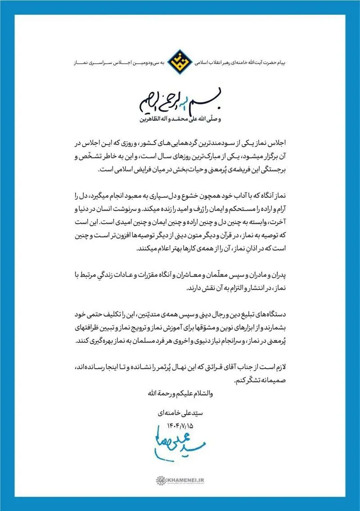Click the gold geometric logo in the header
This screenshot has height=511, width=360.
pyautogui.click(x=180, y=62)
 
